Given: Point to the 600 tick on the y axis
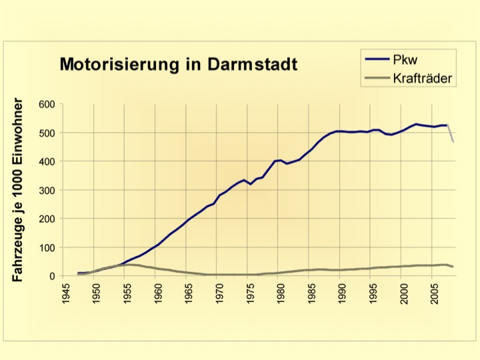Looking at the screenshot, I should click(45, 104).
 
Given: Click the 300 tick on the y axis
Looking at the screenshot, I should click(45, 190).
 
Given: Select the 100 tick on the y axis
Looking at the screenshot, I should click(45, 247).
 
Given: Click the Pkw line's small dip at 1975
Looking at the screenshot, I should click(251, 184).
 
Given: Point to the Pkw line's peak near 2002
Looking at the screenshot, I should click(417, 124).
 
